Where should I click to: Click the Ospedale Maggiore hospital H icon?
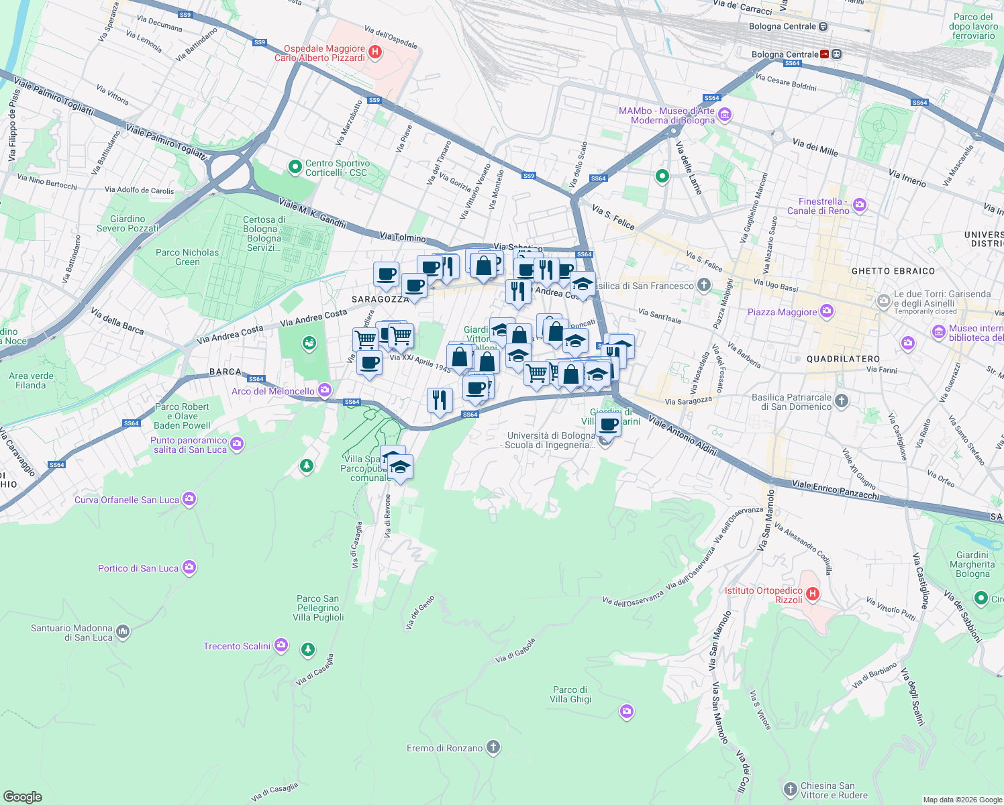[375, 52]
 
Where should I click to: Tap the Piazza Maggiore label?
[782, 312]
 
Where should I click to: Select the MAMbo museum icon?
[724, 115]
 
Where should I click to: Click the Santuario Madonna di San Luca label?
[72, 633]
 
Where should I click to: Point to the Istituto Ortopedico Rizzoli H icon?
[813, 594]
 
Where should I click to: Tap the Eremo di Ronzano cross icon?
[493, 747]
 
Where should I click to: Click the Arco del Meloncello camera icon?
[325, 390]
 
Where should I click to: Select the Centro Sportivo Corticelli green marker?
[295, 167]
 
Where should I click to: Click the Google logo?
[23, 796]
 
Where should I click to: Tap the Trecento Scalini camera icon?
[281, 645]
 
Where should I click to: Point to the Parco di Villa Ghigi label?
[570, 694]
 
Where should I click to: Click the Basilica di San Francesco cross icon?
[703, 285]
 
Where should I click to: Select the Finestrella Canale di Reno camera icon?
[860, 205]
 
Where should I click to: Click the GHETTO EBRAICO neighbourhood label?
[893, 271]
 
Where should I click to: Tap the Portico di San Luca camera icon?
[189, 568]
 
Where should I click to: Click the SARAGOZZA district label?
[380, 299]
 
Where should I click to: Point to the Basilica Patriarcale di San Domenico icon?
[842, 401]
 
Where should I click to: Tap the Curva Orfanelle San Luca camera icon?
[189, 498]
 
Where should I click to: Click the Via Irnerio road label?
[907, 178]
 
